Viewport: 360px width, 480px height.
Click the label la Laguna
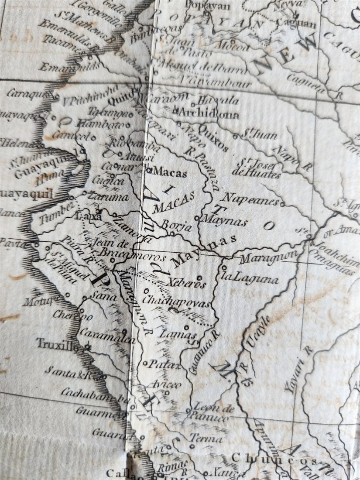point(250,278)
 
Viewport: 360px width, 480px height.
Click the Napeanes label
point(251,199)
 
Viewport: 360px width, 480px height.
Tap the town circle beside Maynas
point(197,217)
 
